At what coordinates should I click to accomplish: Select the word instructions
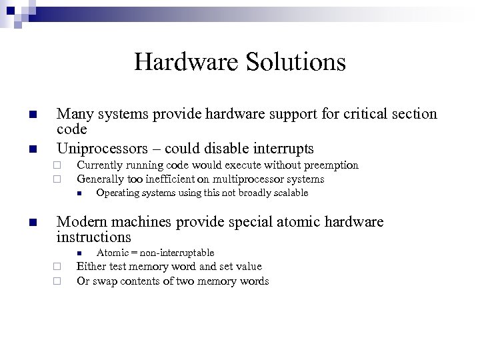click(94, 237)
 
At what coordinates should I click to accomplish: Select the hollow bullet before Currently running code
click(58, 165)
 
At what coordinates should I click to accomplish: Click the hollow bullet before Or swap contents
click(58, 281)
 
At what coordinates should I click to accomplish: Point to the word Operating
click(117, 193)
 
